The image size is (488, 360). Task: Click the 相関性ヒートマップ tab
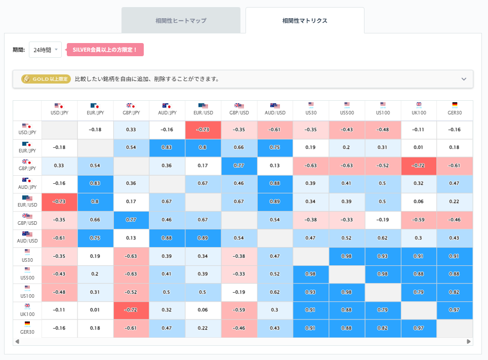(181, 21)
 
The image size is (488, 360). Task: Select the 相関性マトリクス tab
(305, 21)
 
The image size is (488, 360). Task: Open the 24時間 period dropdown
(45, 50)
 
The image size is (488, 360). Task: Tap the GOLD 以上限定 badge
(45, 79)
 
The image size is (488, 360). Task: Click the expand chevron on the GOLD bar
(464, 79)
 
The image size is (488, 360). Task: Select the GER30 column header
(455, 110)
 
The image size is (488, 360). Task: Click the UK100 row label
(27, 310)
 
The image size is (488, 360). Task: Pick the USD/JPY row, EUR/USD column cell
(203, 130)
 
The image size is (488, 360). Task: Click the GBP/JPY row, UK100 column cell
(419, 166)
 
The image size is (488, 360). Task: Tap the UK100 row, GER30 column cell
(455, 310)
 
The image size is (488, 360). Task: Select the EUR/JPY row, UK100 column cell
(419, 147)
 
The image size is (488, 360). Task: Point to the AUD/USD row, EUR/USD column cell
(203, 238)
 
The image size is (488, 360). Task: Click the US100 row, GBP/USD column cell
(239, 292)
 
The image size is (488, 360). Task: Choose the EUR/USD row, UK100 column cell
(419, 202)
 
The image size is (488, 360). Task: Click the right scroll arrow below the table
(469, 341)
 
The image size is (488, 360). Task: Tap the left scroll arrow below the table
(17, 341)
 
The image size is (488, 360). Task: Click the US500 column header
(347, 110)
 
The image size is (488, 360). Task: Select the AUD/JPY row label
(27, 183)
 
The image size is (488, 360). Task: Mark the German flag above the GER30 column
(455, 105)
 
